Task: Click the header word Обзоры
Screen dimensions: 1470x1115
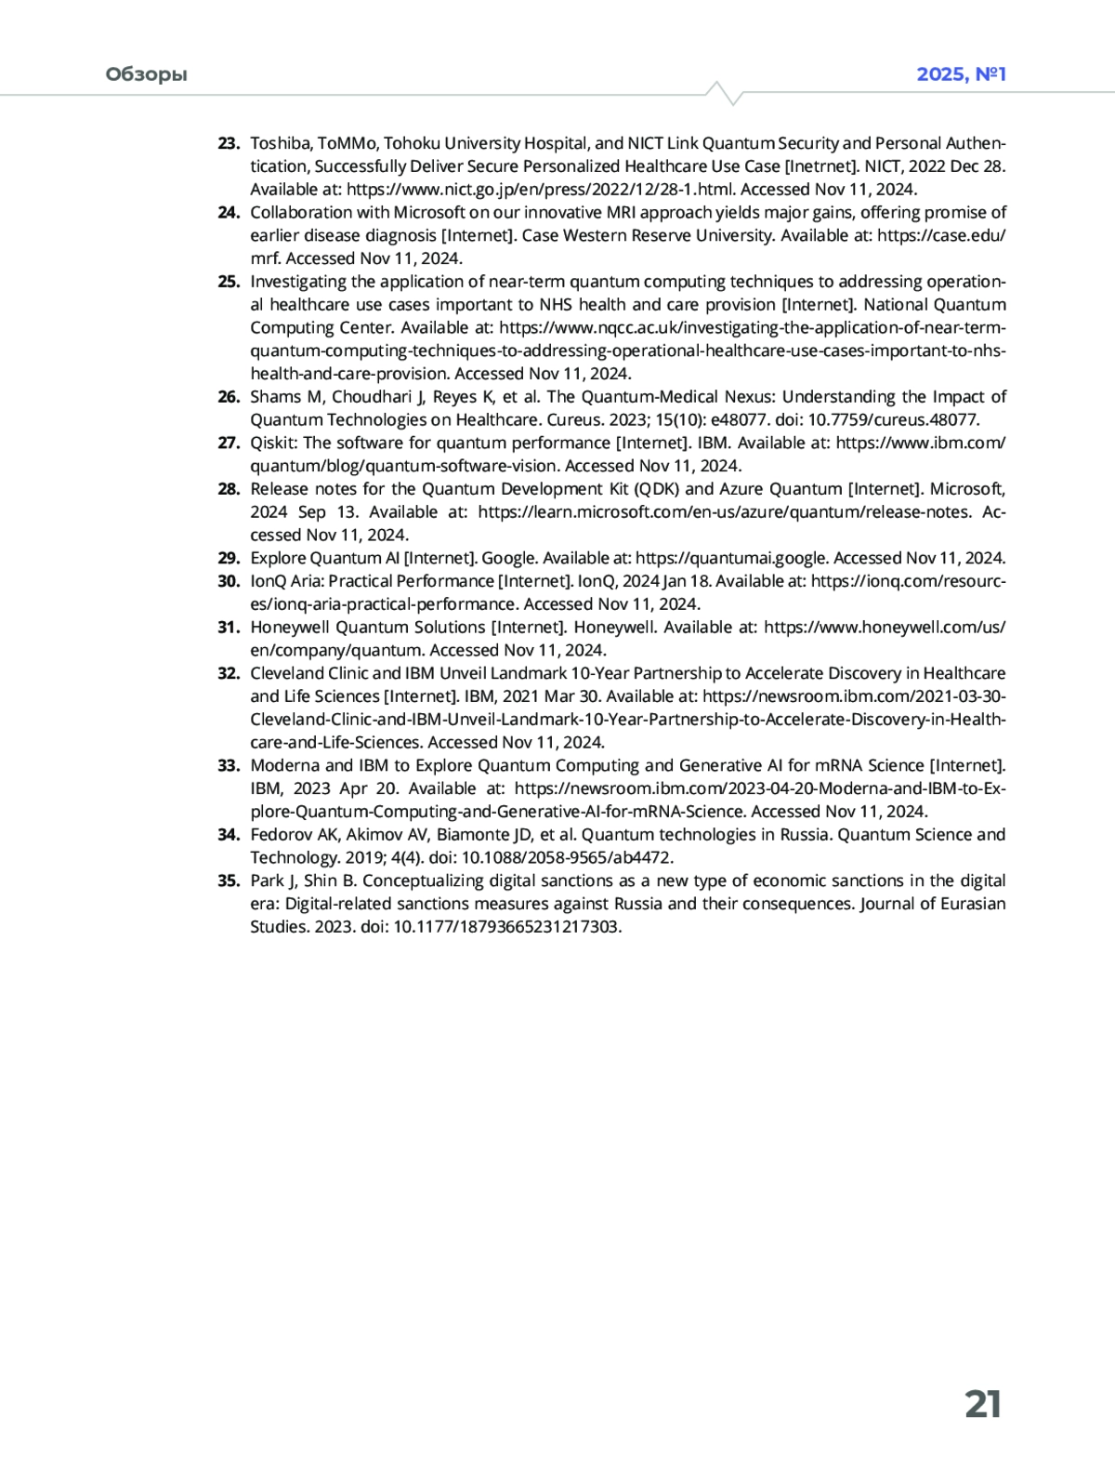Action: point(146,74)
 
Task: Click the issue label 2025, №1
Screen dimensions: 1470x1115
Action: point(961,74)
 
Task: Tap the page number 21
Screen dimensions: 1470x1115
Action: point(982,1404)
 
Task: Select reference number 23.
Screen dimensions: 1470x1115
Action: point(229,143)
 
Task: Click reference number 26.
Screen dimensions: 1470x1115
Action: point(229,397)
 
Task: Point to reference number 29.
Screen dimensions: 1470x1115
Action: point(229,558)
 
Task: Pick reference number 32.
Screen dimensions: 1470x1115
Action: point(229,673)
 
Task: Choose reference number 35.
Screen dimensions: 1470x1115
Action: point(229,881)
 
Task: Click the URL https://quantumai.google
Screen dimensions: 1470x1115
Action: point(731,558)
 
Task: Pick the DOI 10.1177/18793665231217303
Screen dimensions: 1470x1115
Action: point(507,927)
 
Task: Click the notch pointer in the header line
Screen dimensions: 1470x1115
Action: point(724,92)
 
